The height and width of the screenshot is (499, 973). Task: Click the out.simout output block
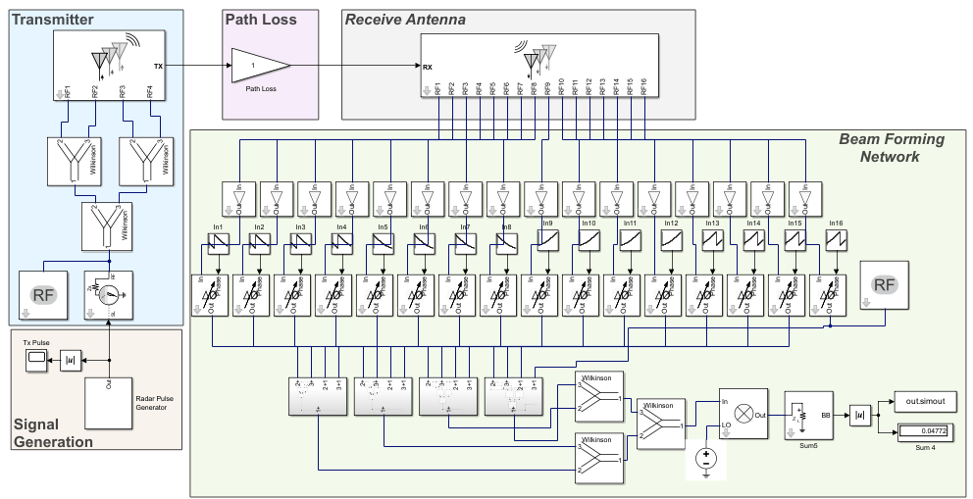click(x=924, y=402)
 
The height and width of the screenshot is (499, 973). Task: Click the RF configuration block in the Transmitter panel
click(x=43, y=295)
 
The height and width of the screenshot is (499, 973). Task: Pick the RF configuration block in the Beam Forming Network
click(x=884, y=285)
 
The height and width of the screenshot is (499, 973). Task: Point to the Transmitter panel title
click(x=53, y=19)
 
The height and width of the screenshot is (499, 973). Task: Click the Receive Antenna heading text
click(x=404, y=19)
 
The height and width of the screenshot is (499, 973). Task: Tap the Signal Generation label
click(x=53, y=433)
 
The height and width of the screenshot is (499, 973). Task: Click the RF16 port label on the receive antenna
click(x=643, y=86)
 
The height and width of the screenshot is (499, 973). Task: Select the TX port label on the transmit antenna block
click(x=158, y=66)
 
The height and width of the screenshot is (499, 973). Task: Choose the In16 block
click(x=837, y=240)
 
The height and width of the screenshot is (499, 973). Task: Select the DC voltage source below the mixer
click(x=706, y=459)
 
